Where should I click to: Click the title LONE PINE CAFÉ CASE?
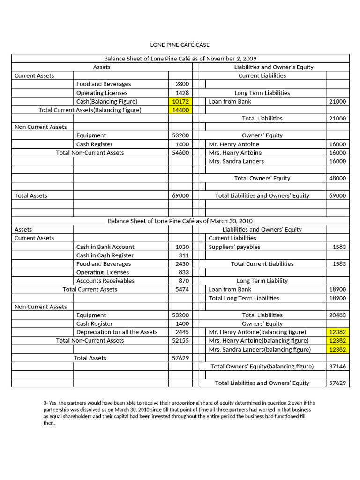tap(180, 45)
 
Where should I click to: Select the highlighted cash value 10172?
tap(180, 101)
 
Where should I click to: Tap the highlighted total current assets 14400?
tap(180, 110)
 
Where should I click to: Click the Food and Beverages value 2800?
tap(182, 84)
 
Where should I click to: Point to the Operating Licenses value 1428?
tap(182, 93)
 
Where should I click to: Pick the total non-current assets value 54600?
tap(180, 153)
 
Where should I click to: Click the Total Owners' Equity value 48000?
tap(337, 178)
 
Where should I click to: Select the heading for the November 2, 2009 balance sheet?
tap(180, 59)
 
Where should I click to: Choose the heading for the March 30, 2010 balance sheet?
tap(180, 221)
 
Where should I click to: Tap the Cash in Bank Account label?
tap(105, 247)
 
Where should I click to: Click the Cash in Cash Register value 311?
tap(184, 255)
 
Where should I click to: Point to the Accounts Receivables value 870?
tap(183, 281)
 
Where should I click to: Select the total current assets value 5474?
tap(182, 289)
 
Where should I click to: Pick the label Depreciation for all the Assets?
tap(117, 332)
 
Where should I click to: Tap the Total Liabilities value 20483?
tap(337, 315)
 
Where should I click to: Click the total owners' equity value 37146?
tap(337, 366)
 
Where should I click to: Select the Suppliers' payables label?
tap(234, 247)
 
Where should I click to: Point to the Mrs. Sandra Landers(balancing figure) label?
tap(260, 349)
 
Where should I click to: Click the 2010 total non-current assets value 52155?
tap(180, 340)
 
